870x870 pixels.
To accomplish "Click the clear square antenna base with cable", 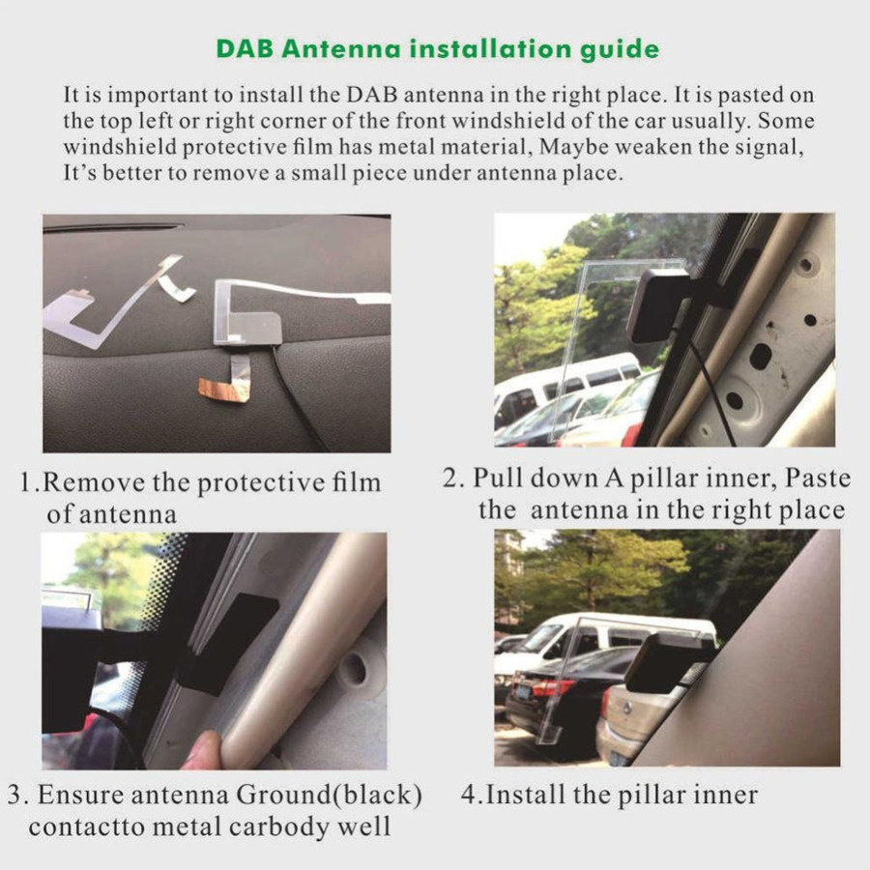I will (x=246, y=311).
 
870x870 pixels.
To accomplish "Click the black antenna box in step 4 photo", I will (x=667, y=661).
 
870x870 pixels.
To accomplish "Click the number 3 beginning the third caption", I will (x=14, y=797).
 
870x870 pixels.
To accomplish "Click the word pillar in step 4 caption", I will (x=668, y=796).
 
